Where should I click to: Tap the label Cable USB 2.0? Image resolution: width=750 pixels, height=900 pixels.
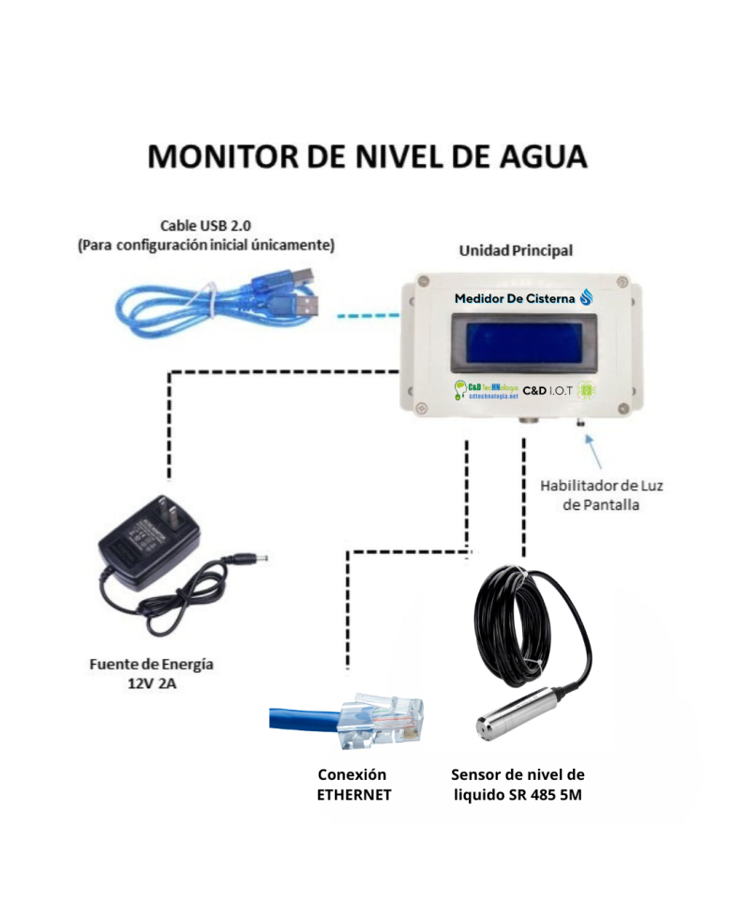click(204, 226)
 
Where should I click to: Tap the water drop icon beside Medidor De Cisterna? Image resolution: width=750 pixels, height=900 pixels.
click(587, 298)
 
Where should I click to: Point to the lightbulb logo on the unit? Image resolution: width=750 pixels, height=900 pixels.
click(460, 389)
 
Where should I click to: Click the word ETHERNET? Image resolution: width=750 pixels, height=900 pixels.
click(353, 794)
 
